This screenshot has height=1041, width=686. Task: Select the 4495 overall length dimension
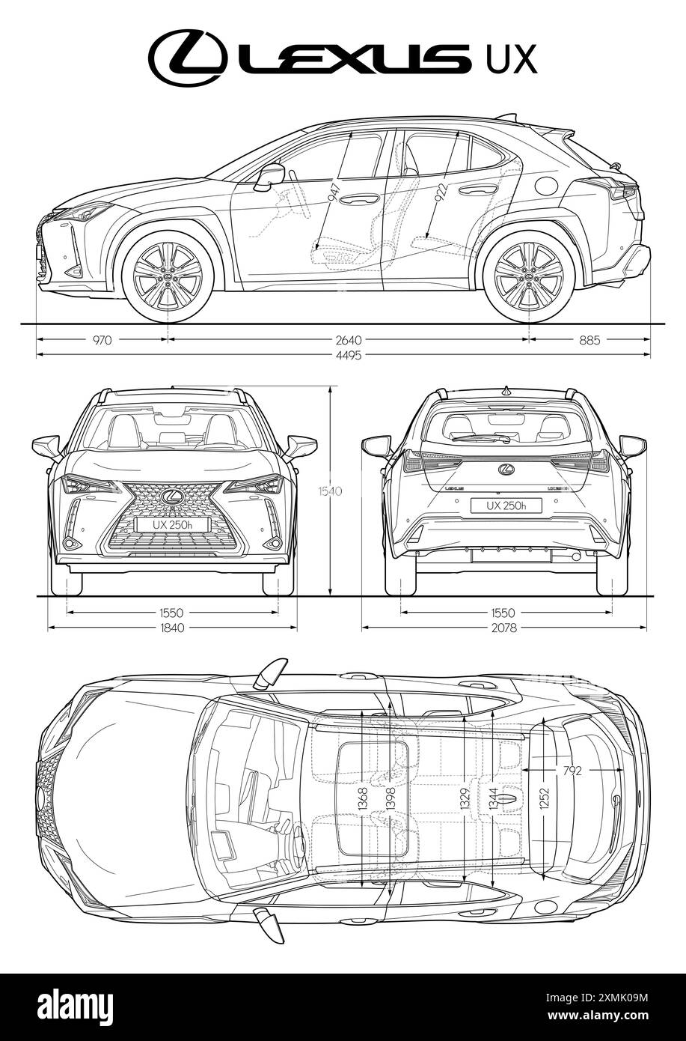coord(349,355)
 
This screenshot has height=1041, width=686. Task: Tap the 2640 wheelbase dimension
coord(349,339)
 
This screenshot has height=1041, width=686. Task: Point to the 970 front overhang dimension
coord(102,339)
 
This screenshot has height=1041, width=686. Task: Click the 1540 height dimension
coord(329,491)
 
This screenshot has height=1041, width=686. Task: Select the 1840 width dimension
coord(172,628)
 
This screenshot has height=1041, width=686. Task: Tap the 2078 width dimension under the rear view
coord(504,628)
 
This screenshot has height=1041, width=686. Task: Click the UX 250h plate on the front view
coord(171,525)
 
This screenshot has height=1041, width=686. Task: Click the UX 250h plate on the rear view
coord(506,506)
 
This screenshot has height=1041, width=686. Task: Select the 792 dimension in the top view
coord(572,770)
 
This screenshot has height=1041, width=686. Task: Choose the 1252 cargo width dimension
coord(545,797)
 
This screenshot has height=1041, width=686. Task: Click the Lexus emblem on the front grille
coord(171,496)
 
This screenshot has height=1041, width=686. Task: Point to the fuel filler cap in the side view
coord(547,185)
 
